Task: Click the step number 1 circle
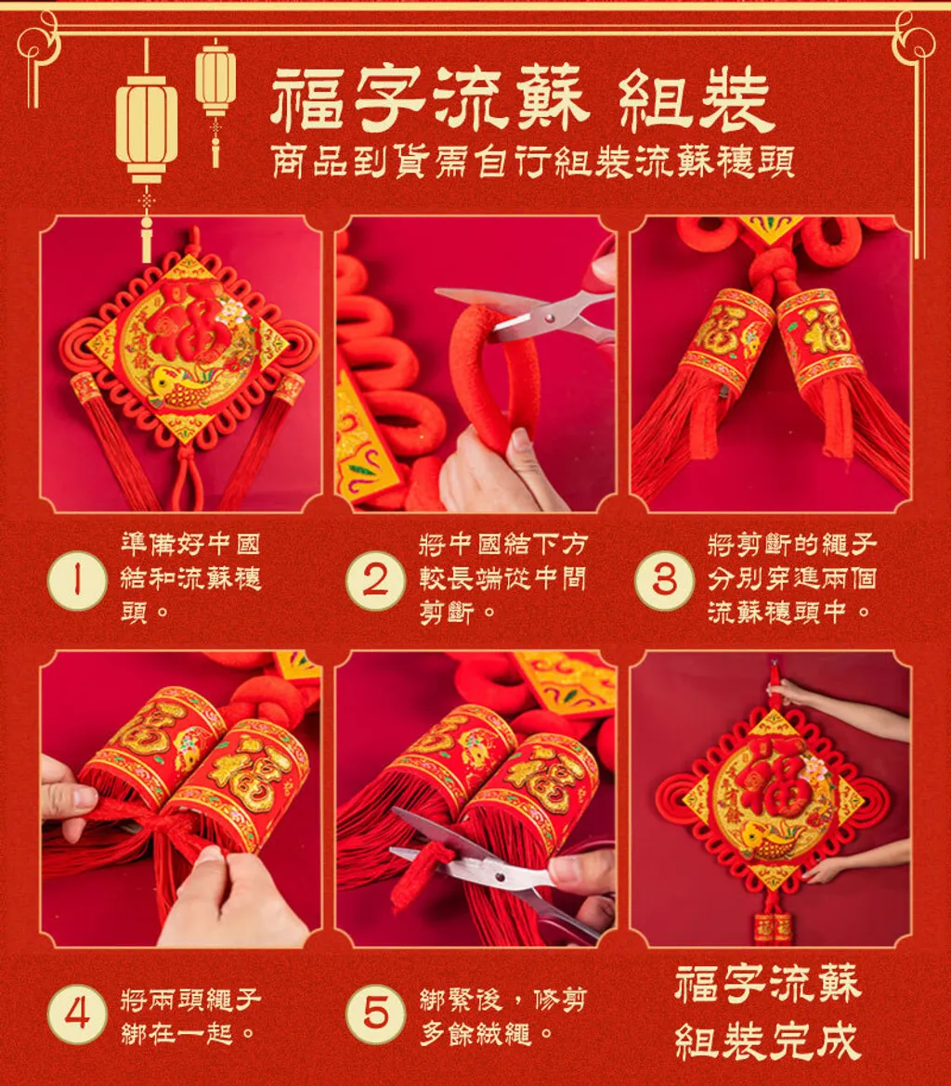point(77,580)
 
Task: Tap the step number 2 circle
point(375,580)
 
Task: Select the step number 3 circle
point(664,580)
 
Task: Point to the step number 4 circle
point(77,1014)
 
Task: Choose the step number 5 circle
point(375,1014)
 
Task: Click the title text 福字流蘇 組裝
point(520,101)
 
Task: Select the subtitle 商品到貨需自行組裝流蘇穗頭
point(532,162)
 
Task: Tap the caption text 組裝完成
point(768,1041)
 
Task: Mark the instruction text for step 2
point(503,577)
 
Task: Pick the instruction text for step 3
point(791,577)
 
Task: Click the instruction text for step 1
point(190,577)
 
